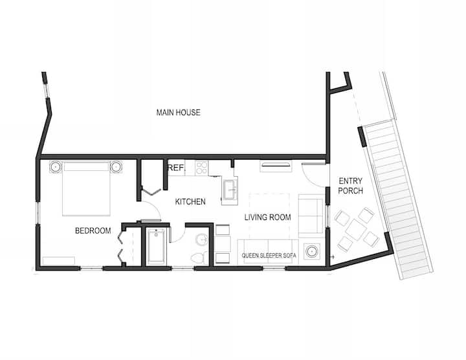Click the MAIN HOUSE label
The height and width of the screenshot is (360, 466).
[179, 113]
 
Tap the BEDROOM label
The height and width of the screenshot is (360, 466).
[93, 231]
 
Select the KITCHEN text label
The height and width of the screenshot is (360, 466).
[190, 201]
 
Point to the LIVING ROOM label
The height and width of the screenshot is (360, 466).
[267, 218]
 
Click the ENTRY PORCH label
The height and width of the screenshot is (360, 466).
[351, 186]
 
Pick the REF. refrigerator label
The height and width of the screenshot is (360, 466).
[177, 168]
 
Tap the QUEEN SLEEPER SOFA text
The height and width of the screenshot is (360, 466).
[269, 256]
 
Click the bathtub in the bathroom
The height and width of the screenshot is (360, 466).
[156, 246]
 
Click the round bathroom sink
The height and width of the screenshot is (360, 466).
[203, 240]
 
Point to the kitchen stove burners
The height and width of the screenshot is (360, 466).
[201, 168]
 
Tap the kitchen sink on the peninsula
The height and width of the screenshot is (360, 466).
[230, 189]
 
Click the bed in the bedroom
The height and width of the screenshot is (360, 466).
[86, 188]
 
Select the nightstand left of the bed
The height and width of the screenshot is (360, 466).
[56, 167]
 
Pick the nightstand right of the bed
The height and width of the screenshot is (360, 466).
[116, 167]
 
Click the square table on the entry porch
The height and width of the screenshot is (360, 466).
[357, 229]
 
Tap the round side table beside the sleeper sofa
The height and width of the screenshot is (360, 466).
[312, 251]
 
